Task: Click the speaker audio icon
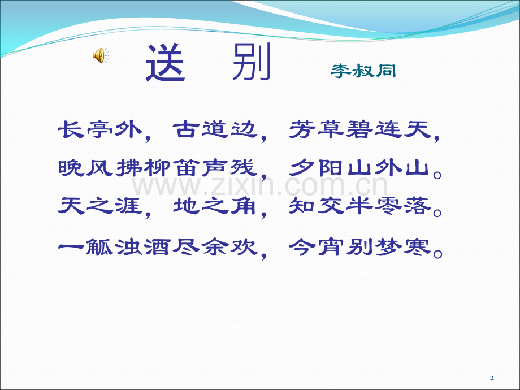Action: (100, 55)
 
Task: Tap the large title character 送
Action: (165, 62)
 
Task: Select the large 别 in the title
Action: (252, 62)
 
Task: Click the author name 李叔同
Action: (363, 71)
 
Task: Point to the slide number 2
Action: (492, 378)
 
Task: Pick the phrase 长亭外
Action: (101, 129)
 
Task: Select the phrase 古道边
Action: (215, 129)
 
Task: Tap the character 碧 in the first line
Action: (359, 129)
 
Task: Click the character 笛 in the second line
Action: (187, 167)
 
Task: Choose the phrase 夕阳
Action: (317, 167)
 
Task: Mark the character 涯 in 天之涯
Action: (129, 206)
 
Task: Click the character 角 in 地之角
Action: (244, 206)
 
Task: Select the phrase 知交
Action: (317, 206)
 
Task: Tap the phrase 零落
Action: (403, 206)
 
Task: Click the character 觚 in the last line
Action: (100, 247)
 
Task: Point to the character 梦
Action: (388, 247)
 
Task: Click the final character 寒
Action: (417, 247)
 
